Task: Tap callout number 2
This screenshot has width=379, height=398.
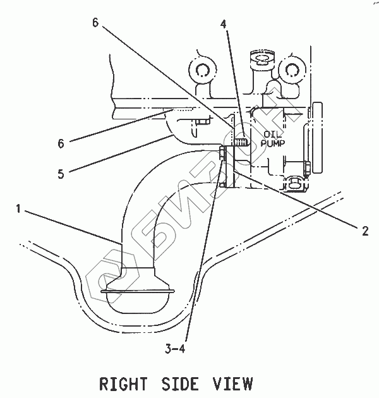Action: click(364, 231)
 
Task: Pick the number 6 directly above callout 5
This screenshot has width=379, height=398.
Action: click(61, 144)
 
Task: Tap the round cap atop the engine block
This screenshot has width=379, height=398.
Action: click(259, 59)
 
